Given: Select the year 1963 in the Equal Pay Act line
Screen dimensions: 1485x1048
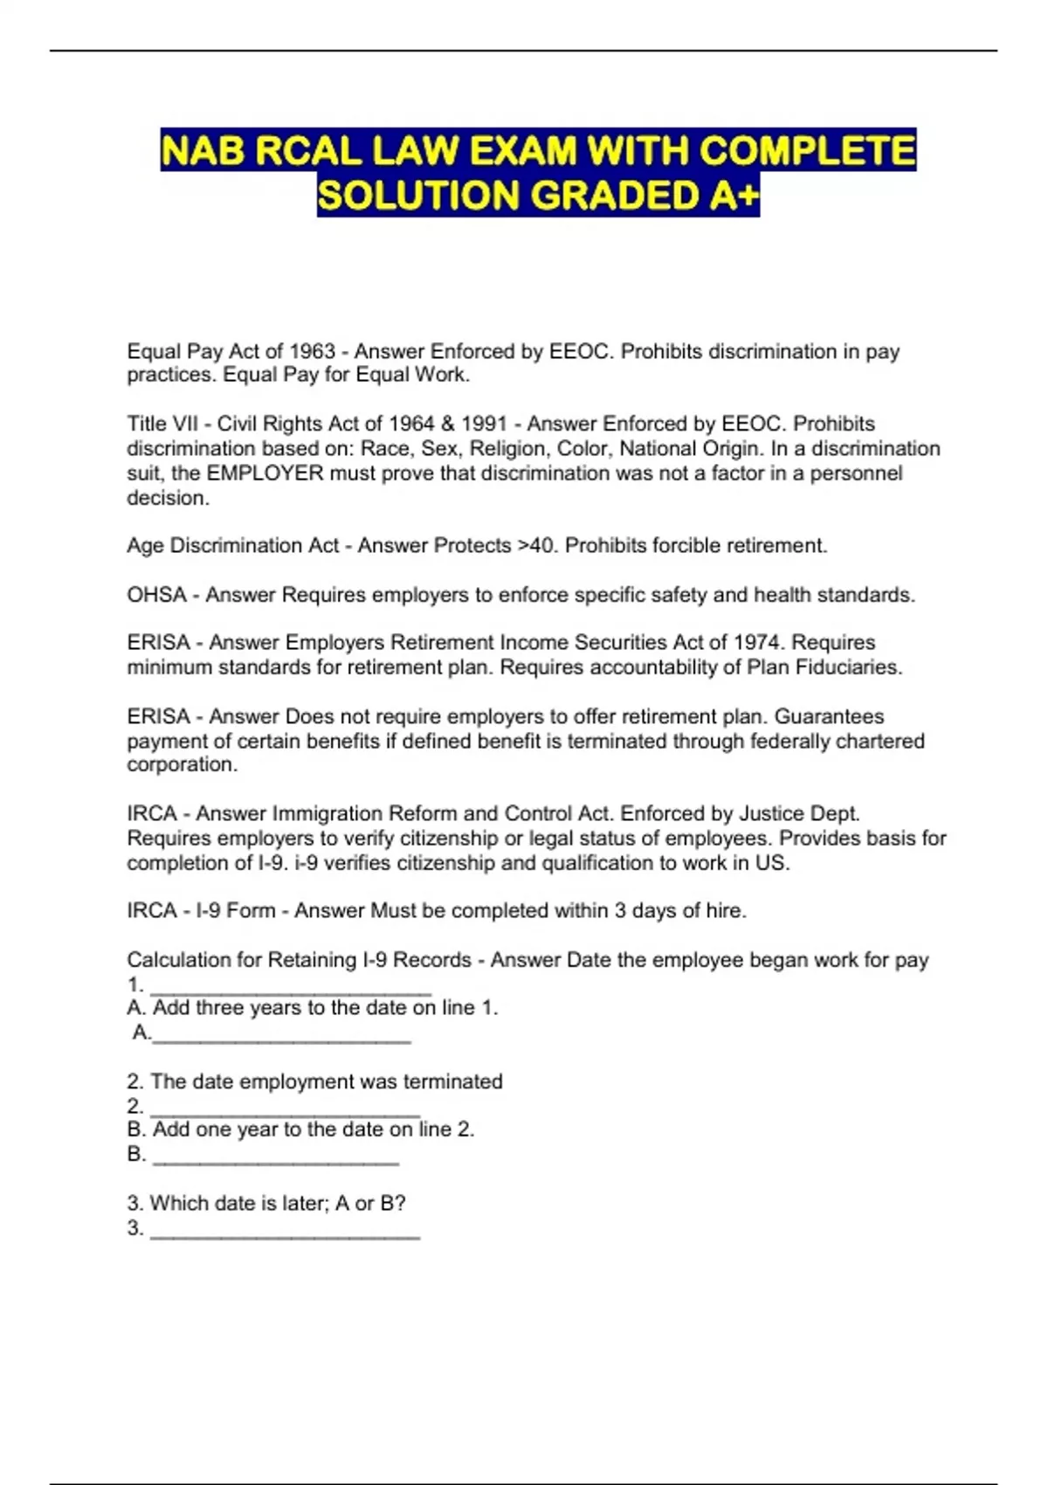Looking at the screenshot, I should (x=312, y=351).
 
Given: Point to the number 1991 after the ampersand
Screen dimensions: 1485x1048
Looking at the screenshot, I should (x=484, y=424).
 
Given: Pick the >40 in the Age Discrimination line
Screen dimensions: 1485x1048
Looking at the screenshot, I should (x=535, y=545).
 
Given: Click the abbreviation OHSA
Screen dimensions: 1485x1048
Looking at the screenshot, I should (x=156, y=595).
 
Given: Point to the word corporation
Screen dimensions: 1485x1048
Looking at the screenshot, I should (x=181, y=764).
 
